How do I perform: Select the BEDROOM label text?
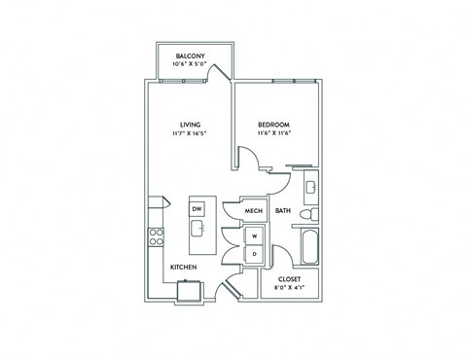[x=272, y=124]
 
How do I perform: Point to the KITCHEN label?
[x=185, y=267]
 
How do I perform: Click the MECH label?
[x=255, y=210]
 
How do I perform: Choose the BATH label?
[x=283, y=210]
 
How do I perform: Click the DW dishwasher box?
[x=197, y=209]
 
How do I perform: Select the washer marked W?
[x=255, y=235]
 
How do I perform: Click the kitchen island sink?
[x=197, y=230]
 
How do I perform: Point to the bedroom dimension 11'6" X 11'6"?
[x=272, y=133]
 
